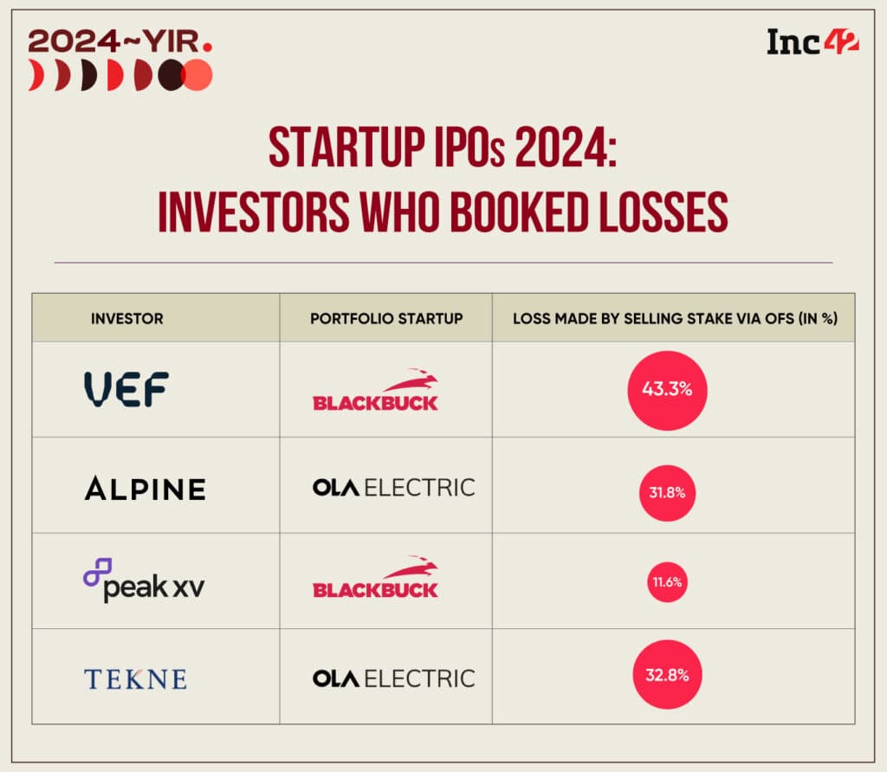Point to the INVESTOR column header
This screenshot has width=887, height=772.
coord(126,318)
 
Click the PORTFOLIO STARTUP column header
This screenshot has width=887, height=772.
coord(386,318)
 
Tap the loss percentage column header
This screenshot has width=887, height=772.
coord(674,318)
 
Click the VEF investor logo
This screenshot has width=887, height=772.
coord(126,390)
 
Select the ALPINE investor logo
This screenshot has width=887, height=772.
coord(145,489)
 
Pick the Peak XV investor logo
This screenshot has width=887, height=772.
coord(144,580)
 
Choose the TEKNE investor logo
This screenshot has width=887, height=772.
coord(135,678)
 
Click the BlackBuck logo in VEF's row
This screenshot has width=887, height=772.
coord(375,391)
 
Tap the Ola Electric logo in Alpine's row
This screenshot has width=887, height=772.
coord(393,488)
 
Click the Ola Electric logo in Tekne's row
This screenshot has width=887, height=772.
coord(393,678)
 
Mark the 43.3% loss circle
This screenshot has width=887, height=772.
coord(667,390)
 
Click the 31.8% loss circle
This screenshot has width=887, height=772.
coord(667,492)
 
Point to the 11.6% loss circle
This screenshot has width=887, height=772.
coord(667,582)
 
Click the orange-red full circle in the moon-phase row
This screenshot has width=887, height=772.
coord(197,76)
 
